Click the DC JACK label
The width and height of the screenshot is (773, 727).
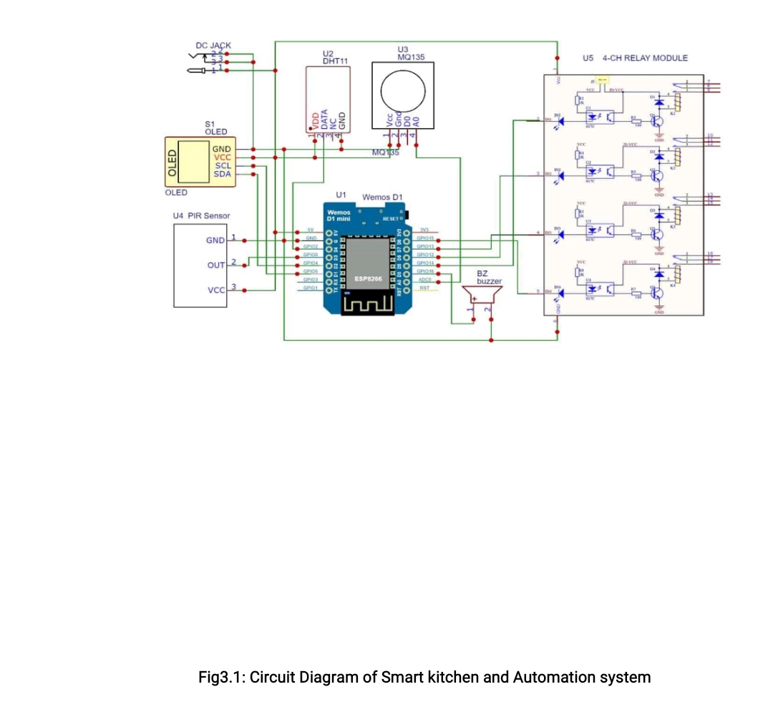tap(213, 45)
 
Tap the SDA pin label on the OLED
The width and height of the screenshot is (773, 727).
tap(222, 174)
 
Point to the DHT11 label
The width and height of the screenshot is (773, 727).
tap(335, 62)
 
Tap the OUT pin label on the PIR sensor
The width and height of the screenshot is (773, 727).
tap(216, 265)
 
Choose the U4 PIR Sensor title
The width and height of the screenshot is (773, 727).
tap(201, 215)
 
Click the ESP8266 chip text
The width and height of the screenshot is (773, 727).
tap(369, 278)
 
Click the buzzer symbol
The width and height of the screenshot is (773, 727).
tap(480, 296)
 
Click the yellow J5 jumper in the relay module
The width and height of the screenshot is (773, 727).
tap(602, 82)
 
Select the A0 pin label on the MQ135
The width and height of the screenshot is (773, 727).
tap(415, 122)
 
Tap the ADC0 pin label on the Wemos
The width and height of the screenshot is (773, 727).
tap(424, 279)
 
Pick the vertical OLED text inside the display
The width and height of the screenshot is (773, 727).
tap(172, 163)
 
